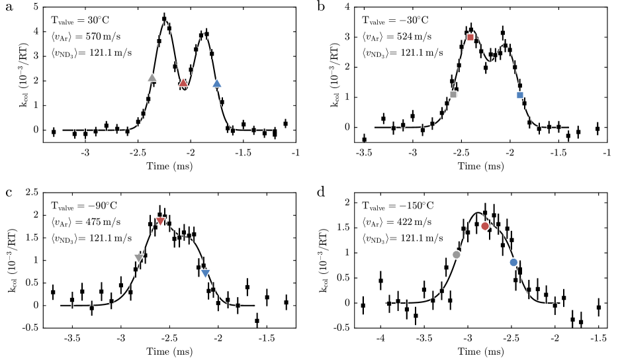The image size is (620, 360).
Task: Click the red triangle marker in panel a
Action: tap(183, 83)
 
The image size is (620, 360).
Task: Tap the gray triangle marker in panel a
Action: tap(152, 78)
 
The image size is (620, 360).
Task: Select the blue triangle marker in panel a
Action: tap(217, 83)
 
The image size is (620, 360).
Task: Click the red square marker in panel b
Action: tap(470, 37)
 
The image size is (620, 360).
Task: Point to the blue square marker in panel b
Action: tap(520, 95)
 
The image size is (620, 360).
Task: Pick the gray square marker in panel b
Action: tap(453, 94)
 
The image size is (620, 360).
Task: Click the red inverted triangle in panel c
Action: tap(161, 221)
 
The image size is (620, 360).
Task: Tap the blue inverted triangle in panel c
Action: tap(205, 273)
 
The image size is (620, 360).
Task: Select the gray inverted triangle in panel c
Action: tap(139, 258)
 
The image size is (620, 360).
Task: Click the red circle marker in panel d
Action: tap(485, 226)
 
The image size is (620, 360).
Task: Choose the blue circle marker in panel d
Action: tap(514, 263)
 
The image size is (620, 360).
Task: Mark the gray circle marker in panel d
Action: tap(457, 255)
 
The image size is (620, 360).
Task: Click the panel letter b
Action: tap(321, 7)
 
